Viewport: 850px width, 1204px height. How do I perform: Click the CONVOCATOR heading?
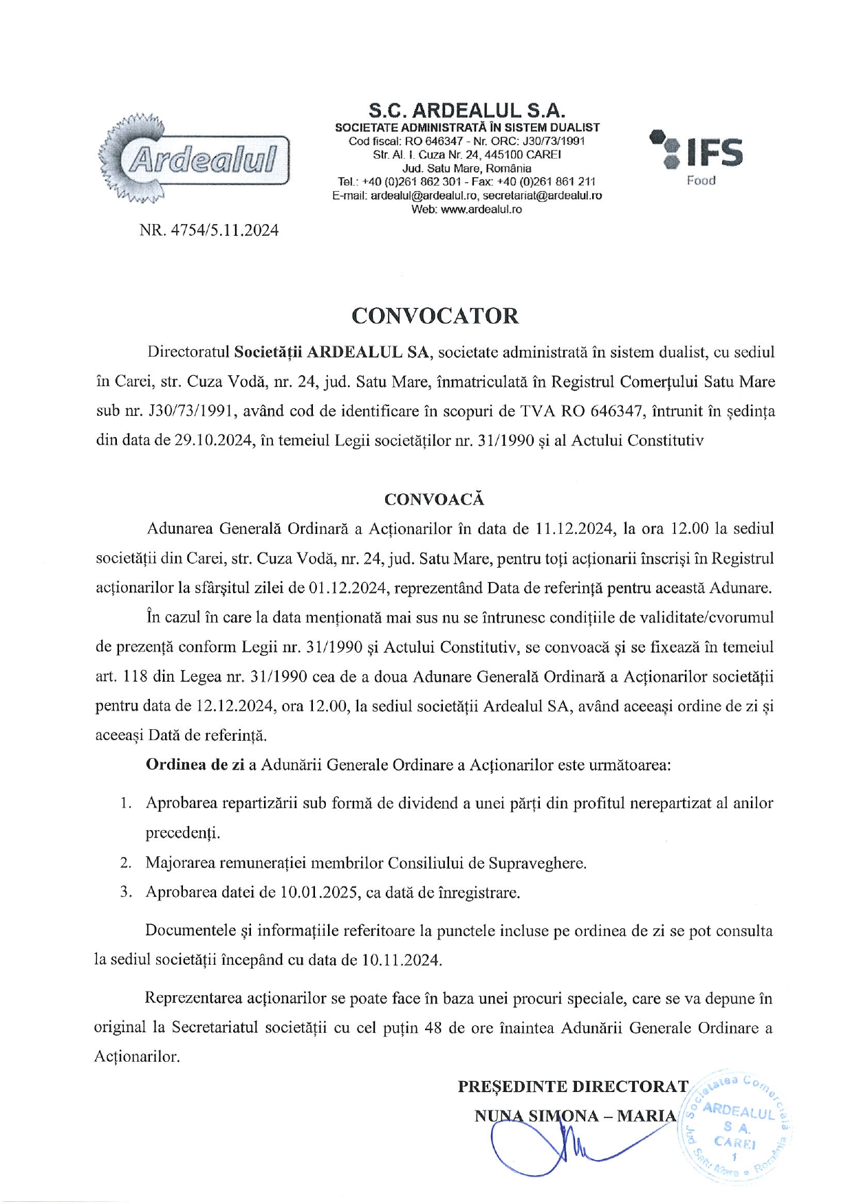tap(435, 316)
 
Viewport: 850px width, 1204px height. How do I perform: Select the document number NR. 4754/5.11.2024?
tap(209, 230)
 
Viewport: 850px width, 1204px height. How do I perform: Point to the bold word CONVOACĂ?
tap(434, 499)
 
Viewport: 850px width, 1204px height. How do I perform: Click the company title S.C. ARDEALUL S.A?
tap(466, 111)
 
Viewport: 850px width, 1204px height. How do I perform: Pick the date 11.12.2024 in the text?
tap(574, 528)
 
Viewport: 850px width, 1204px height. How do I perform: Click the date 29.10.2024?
tap(214, 441)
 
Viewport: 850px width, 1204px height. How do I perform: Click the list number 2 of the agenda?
tap(126, 862)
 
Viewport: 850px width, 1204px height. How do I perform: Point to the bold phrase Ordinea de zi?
tap(195, 765)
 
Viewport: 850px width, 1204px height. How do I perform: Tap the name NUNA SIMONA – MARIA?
tap(575, 1115)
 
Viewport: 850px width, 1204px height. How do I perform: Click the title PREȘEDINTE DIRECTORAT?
tap(573, 1086)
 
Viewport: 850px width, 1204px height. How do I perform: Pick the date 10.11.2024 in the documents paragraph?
tap(400, 960)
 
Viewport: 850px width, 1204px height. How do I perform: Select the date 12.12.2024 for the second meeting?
tap(235, 706)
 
